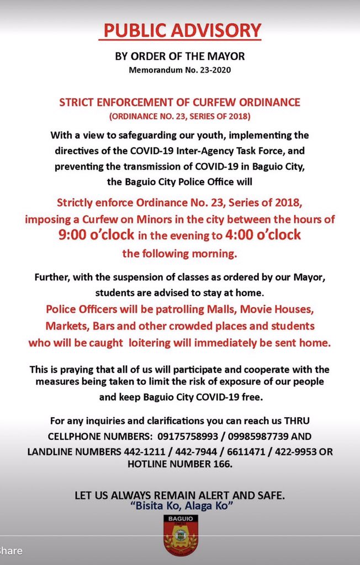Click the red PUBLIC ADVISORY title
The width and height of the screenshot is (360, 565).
(x=179, y=30)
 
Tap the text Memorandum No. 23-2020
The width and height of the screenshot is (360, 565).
(x=179, y=71)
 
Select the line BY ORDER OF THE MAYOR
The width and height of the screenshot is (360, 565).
(x=179, y=56)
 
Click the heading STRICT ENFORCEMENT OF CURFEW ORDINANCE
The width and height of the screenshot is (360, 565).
(x=179, y=103)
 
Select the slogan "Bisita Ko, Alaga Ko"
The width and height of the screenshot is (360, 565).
(x=179, y=507)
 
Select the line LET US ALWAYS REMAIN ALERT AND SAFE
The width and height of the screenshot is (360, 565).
(x=179, y=495)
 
